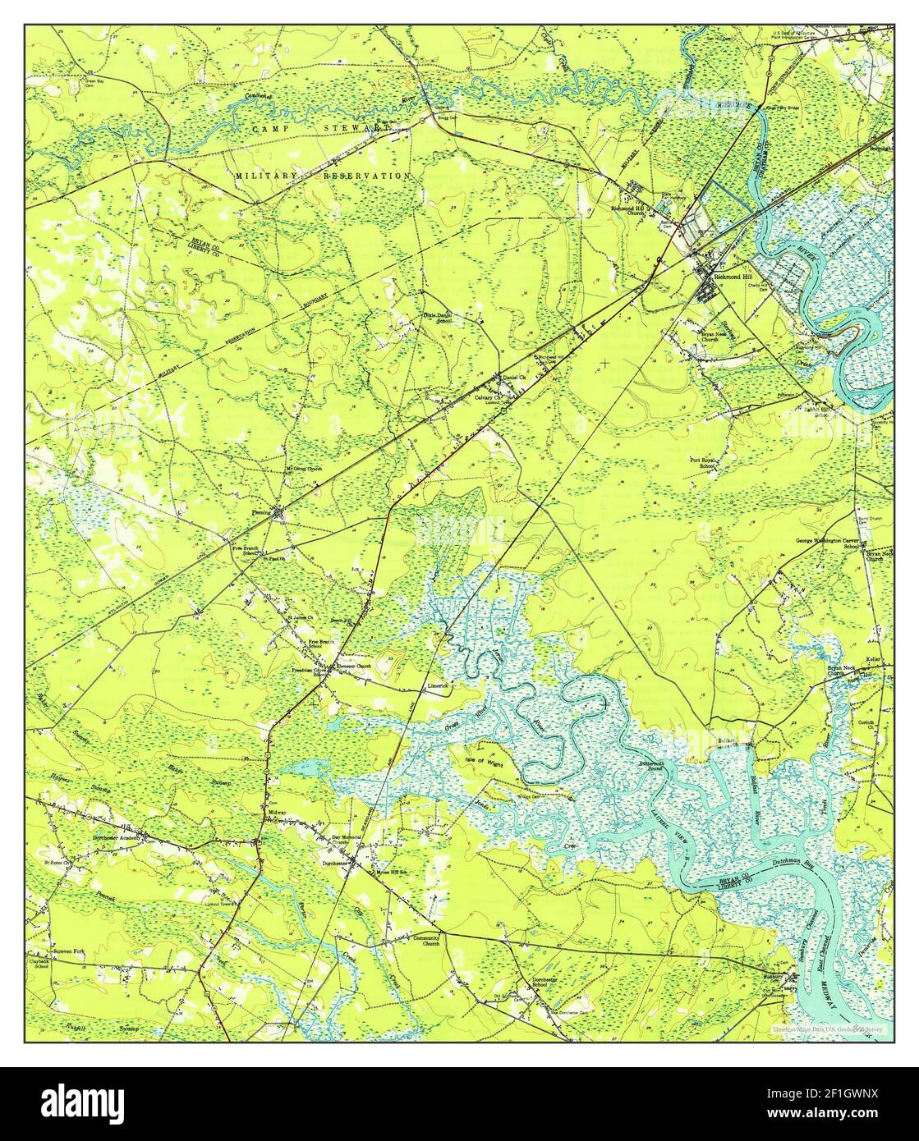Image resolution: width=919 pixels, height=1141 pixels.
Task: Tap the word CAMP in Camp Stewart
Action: (x=270, y=130)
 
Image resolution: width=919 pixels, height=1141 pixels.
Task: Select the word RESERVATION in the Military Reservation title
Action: (x=369, y=176)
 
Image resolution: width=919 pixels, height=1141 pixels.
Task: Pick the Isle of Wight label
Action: (x=483, y=760)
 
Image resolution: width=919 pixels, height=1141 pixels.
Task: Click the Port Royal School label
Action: (x=705, y=464)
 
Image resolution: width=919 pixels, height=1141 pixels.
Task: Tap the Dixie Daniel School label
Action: (x=437, y=317)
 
